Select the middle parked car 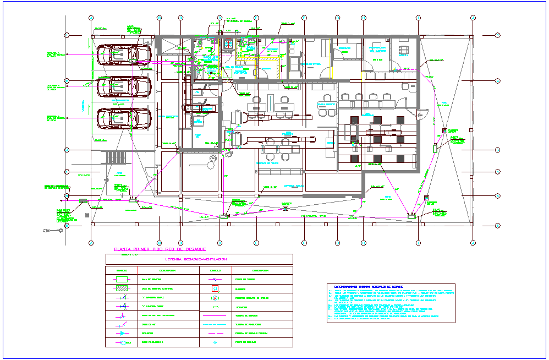(x=124, y=86)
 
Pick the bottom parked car (x=124, y=118)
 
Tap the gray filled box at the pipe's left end (x=83, y=201)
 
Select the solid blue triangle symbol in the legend (x=121, y=334)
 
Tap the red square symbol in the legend (x=215, y=288)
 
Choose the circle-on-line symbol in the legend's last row (x=121, y=342)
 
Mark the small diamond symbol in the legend (x=215, y=342)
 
